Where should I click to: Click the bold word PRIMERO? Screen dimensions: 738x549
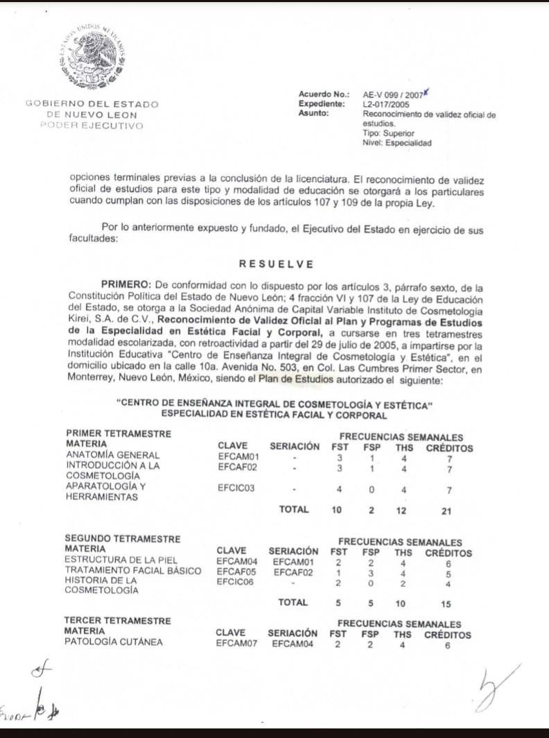[x=127, y=286]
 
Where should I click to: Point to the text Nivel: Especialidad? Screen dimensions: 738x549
[x=397, y=143]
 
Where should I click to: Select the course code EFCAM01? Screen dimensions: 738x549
[x=238, y=456]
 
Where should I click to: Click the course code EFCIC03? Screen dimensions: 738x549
[x=236, y=488]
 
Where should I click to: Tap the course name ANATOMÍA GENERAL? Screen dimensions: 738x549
[x=103, y=456]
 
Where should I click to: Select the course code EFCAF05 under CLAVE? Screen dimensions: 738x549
[x=236, y=570]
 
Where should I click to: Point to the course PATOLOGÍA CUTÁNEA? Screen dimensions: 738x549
[x=113, y=642]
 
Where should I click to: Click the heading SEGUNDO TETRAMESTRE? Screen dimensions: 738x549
[x=122, y=538]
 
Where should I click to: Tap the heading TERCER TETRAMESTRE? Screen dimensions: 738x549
[x=117, y=619]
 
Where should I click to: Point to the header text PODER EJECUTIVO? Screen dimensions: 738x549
[x=91, y=126]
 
